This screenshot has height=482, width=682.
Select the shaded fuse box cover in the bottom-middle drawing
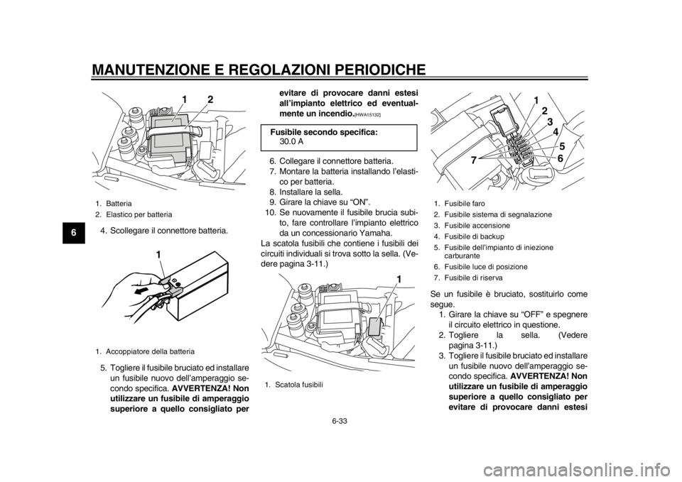click(375, 326)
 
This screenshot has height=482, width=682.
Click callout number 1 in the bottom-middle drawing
click(399, 280)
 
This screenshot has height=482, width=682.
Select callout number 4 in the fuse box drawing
click(555, 132)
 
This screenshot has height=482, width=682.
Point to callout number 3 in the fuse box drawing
click(549, 121)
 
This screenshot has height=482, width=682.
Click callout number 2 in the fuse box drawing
click(543, 111)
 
